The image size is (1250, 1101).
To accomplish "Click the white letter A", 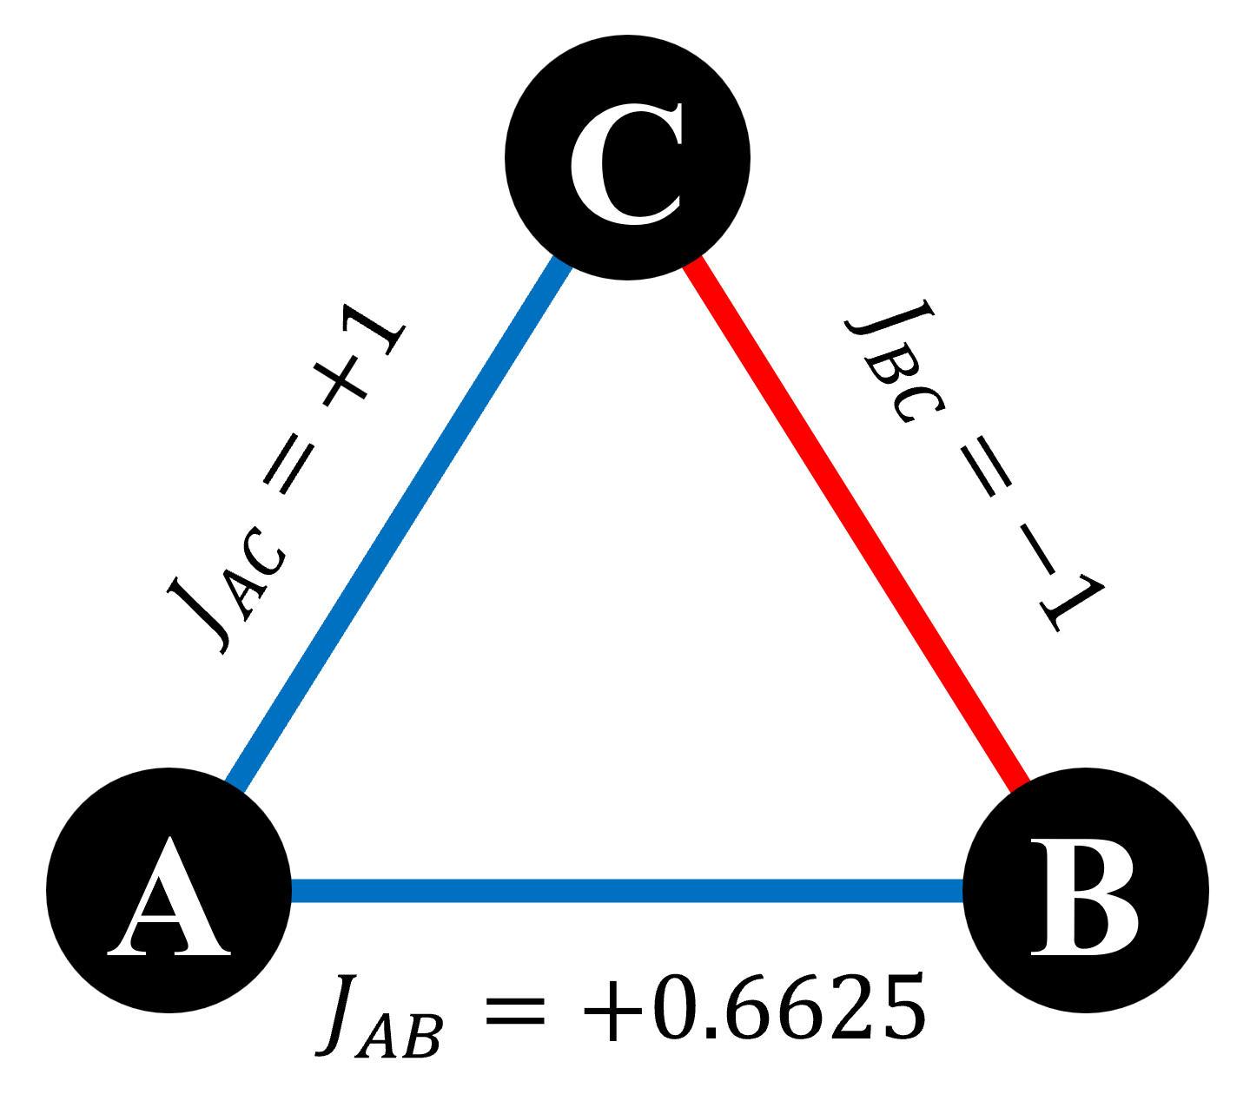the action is (x=169, y=899).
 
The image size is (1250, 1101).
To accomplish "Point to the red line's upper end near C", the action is (x=695, y=263).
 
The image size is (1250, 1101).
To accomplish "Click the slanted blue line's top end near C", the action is (x=562, y=262).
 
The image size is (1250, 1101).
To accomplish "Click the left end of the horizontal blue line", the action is (x=295, y=891).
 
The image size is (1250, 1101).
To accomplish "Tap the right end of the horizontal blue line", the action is (x=959, y=891).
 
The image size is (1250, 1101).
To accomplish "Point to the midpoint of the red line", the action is (x=856, y=524).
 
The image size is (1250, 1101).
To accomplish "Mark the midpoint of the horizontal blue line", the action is (x=627, y=891).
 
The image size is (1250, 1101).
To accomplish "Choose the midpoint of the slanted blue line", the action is (x=399, y=524).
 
